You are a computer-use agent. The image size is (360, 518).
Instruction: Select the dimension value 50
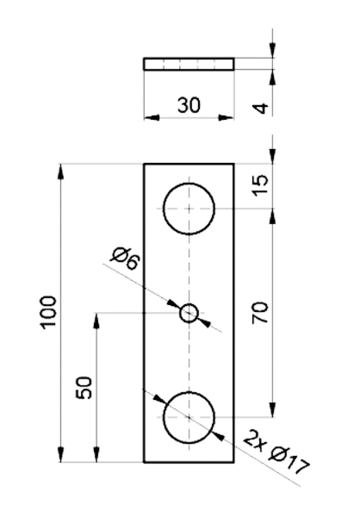[x=84, y=388]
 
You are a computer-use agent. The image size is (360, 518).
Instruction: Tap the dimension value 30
[x=189, y=105]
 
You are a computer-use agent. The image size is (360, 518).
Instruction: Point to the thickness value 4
[x=261, y=108]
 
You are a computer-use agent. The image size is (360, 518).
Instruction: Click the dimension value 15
[x=261, y=185]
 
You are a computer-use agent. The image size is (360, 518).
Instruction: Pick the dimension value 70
[x=261, y=313]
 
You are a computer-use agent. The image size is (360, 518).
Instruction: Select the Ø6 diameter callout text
[x=126, y=259]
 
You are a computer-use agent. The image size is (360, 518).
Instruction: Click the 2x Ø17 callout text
[x=276, y=452]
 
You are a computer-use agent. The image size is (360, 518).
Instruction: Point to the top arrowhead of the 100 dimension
[x=60, y=172]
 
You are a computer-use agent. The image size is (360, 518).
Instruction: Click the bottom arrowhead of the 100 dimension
[x=60, y=454]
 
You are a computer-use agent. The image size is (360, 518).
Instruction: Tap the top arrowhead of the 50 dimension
[x=96, y=321]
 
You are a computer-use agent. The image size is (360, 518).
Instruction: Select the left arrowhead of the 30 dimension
[x=152, y=117]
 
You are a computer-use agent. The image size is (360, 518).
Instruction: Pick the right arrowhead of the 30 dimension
[x=227, y=117]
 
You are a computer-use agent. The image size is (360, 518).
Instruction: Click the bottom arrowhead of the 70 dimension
[x=272, y=410]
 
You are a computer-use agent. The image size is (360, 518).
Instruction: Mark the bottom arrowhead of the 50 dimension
[x=96, y=454]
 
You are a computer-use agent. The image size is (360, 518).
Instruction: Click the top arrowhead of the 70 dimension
[x=272, y=216]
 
